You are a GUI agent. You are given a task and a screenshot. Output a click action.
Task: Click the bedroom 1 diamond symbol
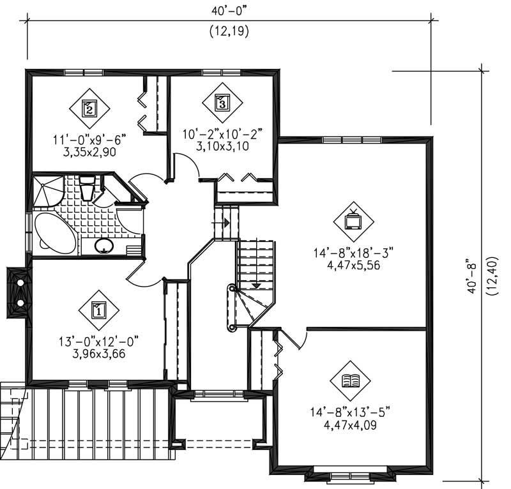coord(99,310)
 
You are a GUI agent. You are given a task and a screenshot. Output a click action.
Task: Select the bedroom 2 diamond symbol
coord(89,108)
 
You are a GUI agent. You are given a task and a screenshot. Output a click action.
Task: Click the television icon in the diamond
coord(353,222)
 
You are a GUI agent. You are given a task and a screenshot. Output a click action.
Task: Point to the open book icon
coord(350,381)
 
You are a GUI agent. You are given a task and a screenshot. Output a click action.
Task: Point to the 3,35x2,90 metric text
coord(89,152)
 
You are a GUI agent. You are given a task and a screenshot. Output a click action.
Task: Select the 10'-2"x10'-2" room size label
coord(222,134)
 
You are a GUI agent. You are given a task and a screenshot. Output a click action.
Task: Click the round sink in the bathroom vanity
coord(102,245)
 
